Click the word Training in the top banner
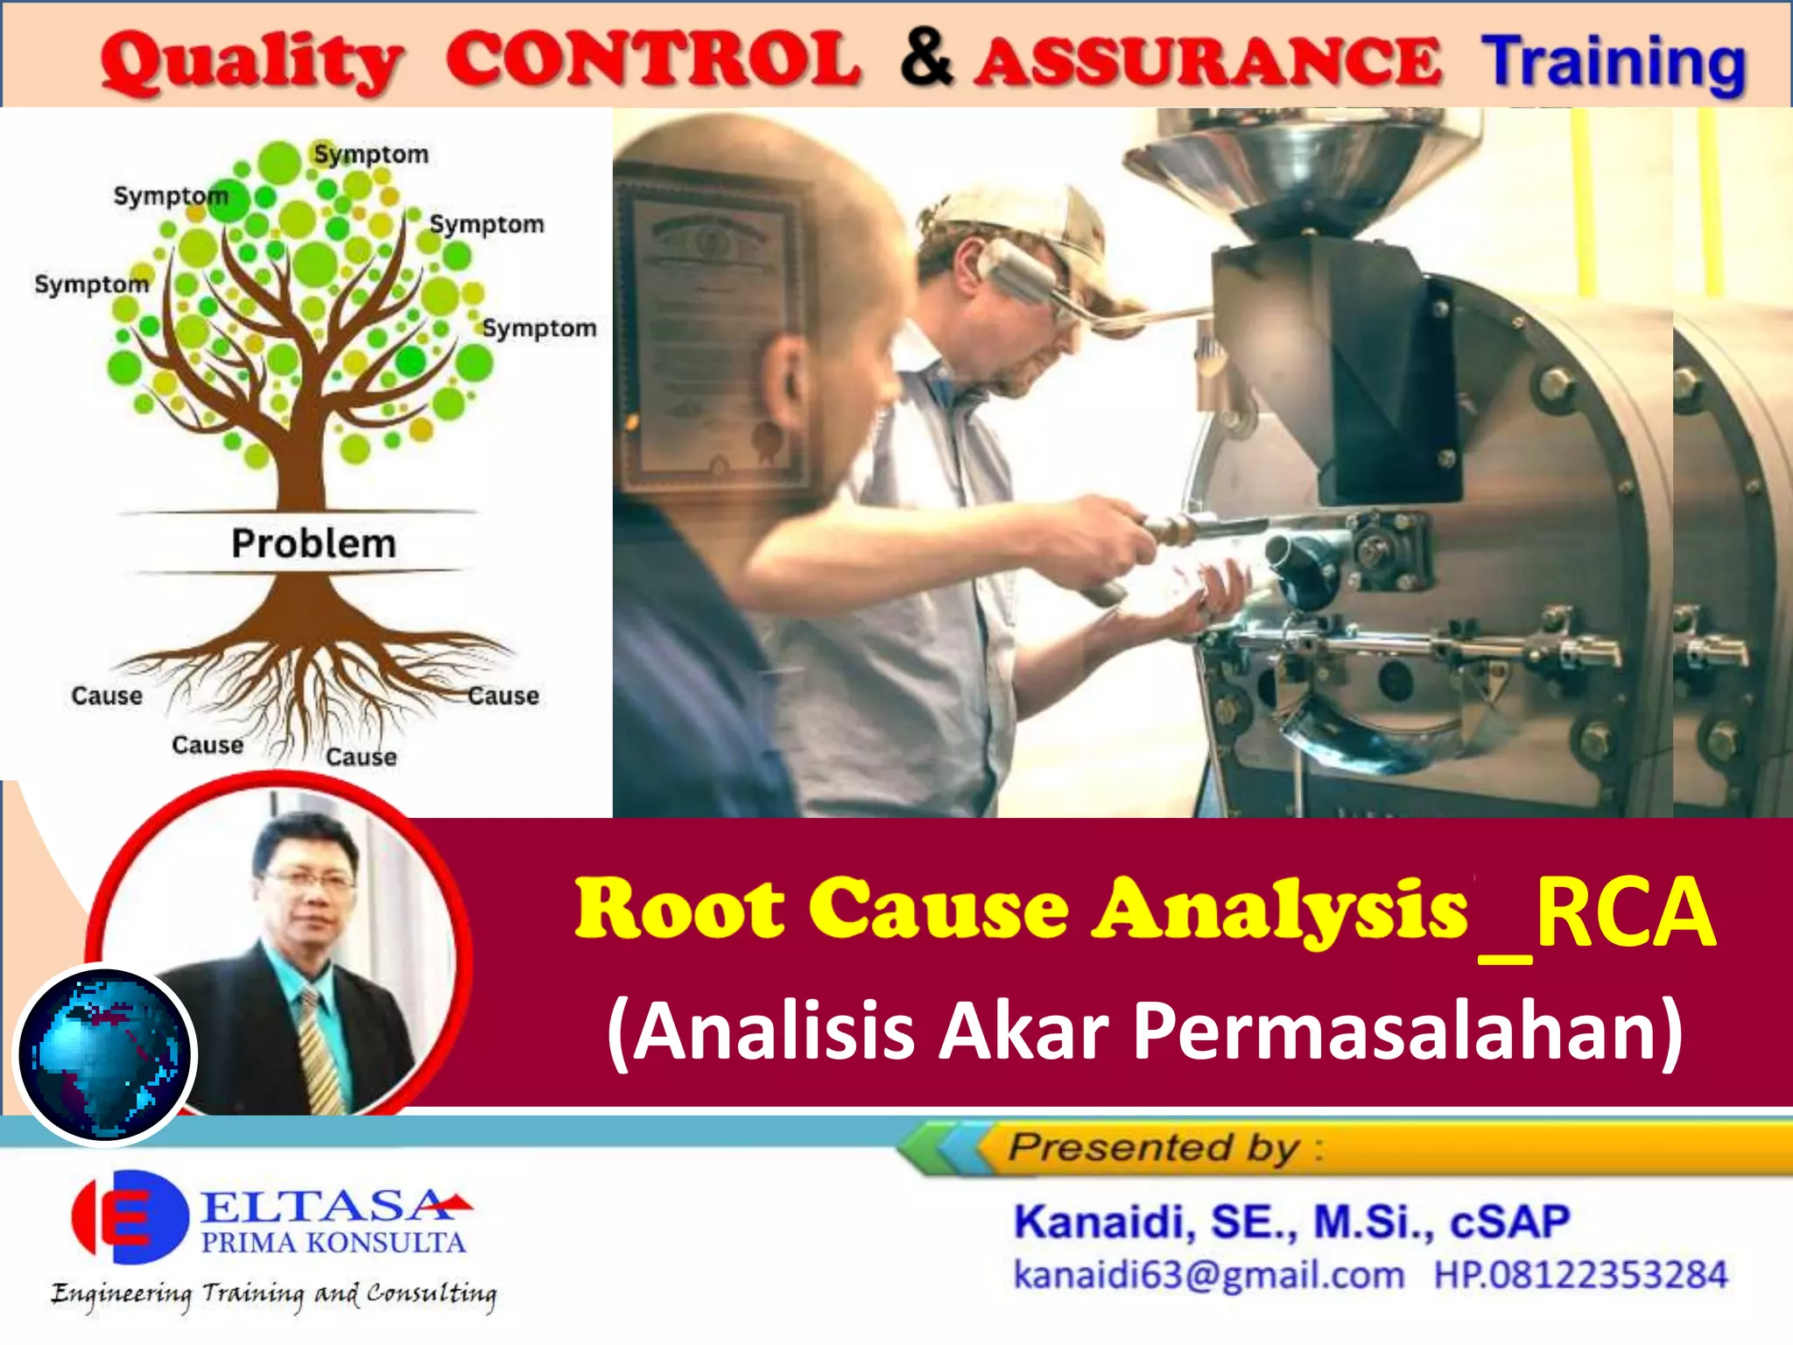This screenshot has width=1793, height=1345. pyautogui.click(x=1613, y=63)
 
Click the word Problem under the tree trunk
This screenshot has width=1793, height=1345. pyautogui.click(x=313, y=544)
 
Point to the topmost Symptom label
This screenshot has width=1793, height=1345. pyautogui.click(x=371, y=154)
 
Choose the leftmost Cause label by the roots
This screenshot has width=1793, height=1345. pyautogui.click(x=107, y=696)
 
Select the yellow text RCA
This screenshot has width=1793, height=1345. pyautogui.click(x=1624, y=912)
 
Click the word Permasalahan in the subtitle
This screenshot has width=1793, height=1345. pyautogui.click(x=1406, y=1031)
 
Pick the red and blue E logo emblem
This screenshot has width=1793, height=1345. pyautogui.click(x=130, y=1217)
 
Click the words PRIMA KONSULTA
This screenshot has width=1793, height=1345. pyautogui.click(x=333, y=1243)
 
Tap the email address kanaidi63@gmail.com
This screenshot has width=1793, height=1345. pyautogui.click(x=1208, y=1275)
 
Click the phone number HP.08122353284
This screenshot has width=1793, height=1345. pyautogui.click(x=1580, y=1275)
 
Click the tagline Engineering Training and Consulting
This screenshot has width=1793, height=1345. pyautogui.click(x=273, y=1293)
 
